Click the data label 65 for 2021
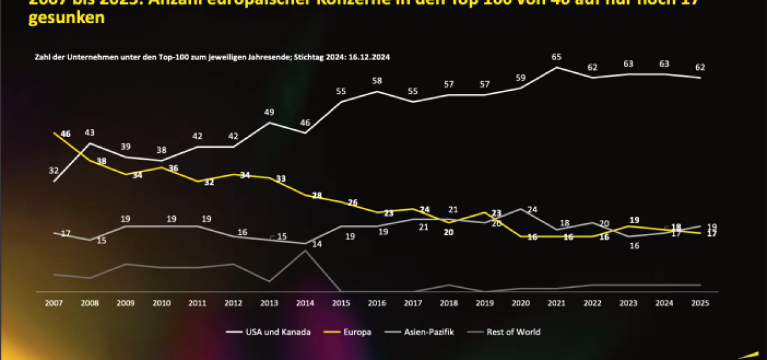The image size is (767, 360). [557, 58]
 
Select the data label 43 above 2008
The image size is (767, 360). [90, 133]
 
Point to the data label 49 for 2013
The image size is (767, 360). [269, 113]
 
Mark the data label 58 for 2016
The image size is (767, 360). [377, 81]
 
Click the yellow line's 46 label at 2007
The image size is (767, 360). [65, 134]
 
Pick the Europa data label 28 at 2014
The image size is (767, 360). [316, 196]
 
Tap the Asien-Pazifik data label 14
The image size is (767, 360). [316, 244]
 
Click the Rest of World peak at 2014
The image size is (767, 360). [306, 251]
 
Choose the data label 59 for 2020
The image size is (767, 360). [520, 79]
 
